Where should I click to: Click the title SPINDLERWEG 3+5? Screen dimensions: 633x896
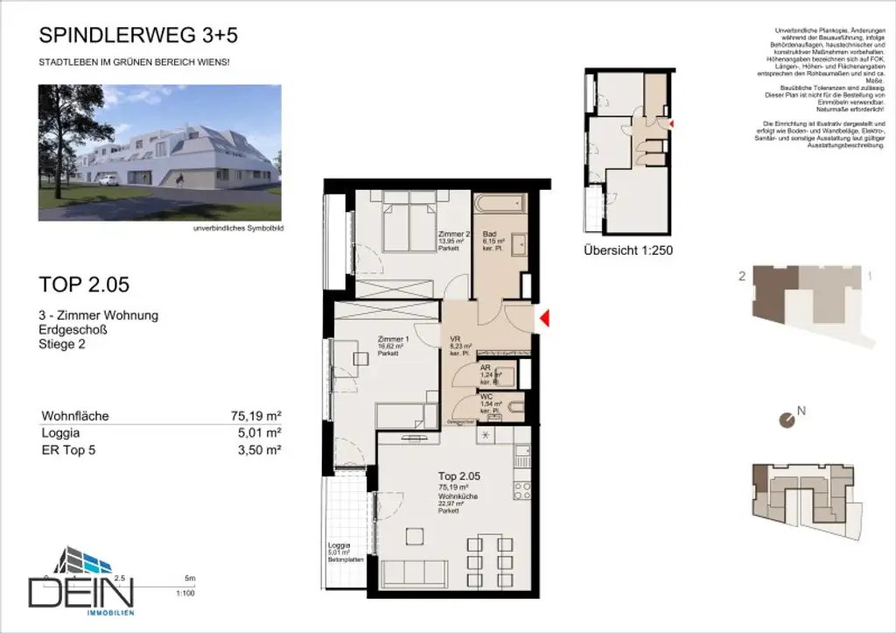pyautogui.click(x=138, y=36)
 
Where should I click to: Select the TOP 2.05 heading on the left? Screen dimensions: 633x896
pyautogui.click(x=85, y=284)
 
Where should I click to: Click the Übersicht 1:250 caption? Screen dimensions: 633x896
pyautogui.click(x=627, y=250)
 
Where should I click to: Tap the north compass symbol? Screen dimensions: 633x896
pyautogui.click(x=787, y=420)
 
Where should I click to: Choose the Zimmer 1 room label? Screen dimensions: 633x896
pyautogui.click(x=392, y=340)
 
